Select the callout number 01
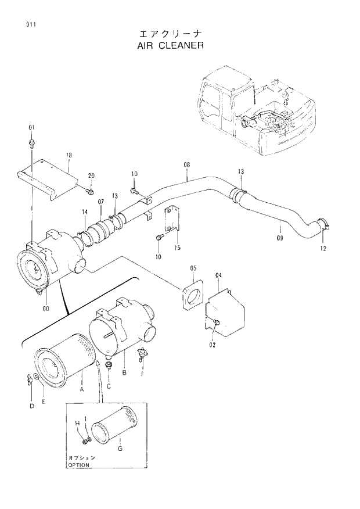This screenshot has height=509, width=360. (31, 127)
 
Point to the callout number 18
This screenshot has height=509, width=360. (69, 155)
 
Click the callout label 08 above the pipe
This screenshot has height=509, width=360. (187, 165)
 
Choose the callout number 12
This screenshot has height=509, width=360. (323, 249)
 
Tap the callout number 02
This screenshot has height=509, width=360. (213, 345)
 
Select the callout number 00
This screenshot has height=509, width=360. (45, 309)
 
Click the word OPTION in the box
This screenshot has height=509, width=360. (78, 465)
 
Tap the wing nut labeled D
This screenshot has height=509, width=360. (28, 381)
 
